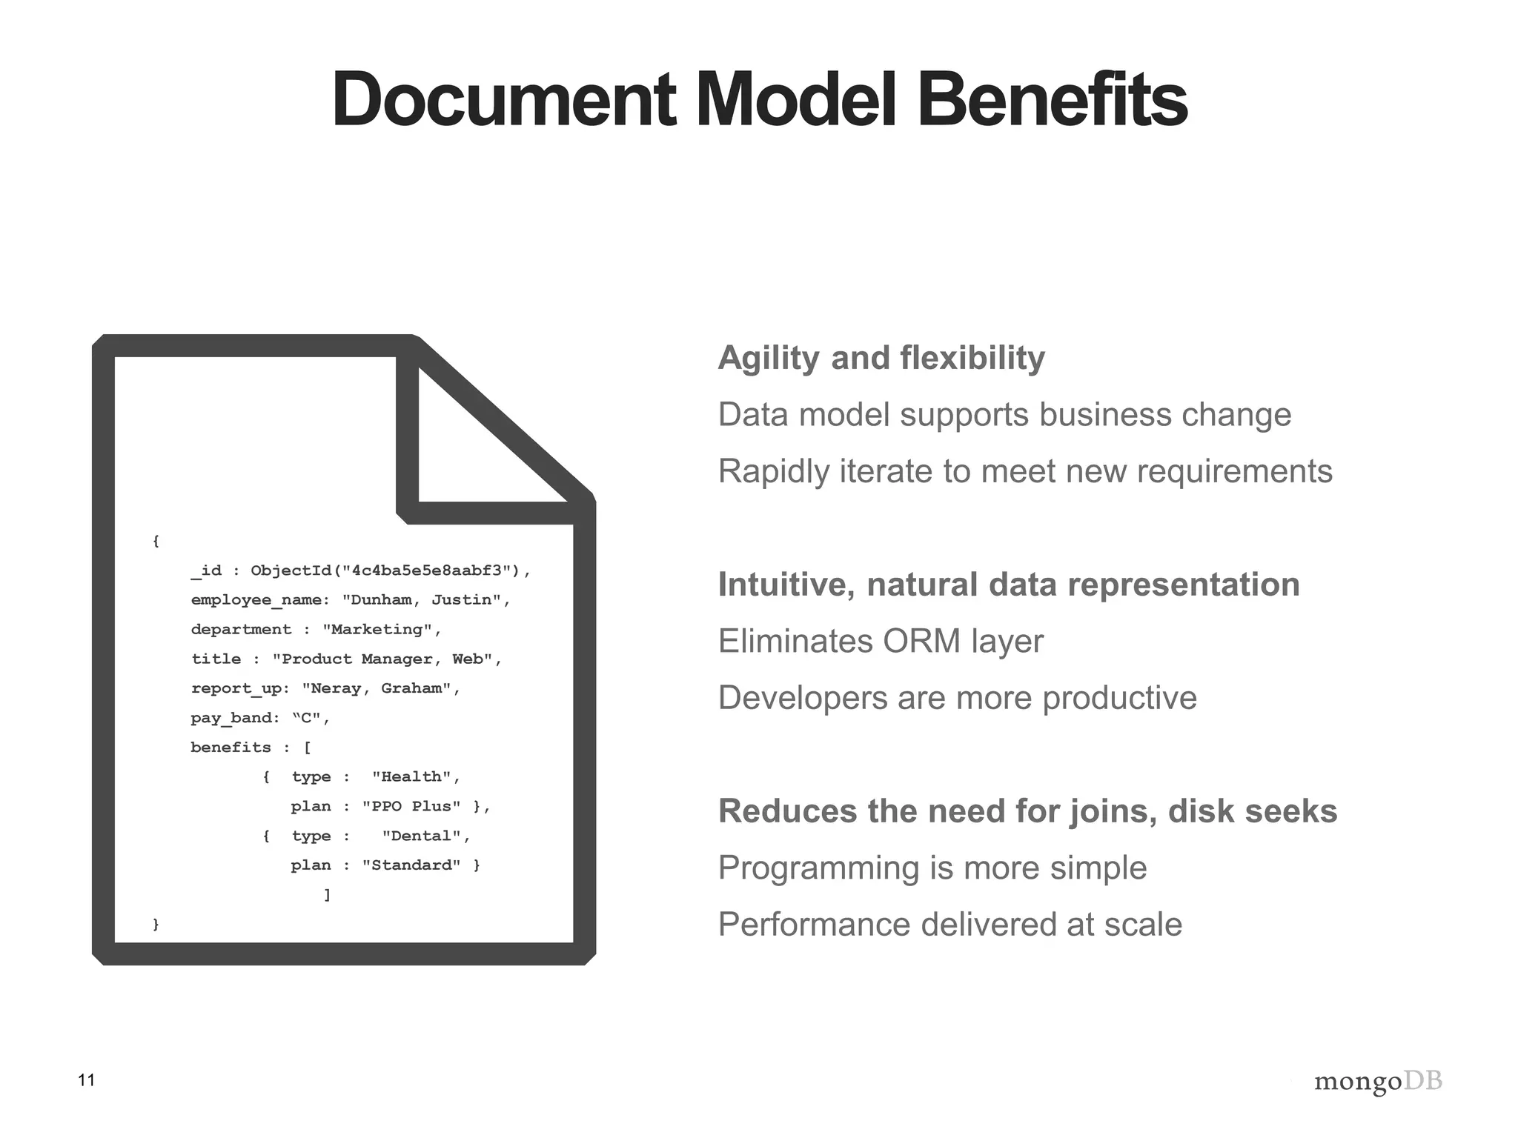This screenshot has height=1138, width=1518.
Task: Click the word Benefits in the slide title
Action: coord(1052,100)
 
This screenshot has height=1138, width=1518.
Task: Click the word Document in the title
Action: coord(503,100)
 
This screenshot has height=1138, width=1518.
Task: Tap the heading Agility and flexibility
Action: coord(881,358)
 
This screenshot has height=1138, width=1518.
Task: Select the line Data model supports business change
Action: coord(1004,415)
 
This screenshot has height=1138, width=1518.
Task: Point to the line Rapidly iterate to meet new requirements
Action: coord(1025,471)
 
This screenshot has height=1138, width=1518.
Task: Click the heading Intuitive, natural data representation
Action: coord(1009,585)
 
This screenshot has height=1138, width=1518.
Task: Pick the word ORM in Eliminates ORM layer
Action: coord(921,642)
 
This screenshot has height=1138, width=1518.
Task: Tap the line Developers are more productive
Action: coord(957,698)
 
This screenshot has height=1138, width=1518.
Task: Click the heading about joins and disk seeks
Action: coord(1027,811)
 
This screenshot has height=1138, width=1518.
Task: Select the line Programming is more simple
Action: coord(932,868)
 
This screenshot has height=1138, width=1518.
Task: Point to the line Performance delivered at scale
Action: coord(950,925)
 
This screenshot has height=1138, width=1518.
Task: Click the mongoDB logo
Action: coord(1378,1082)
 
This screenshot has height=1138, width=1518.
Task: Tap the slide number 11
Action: coord(87,1080)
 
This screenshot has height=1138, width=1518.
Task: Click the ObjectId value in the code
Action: coord(390,570)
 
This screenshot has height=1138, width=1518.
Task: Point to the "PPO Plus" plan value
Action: coord(411,806)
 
